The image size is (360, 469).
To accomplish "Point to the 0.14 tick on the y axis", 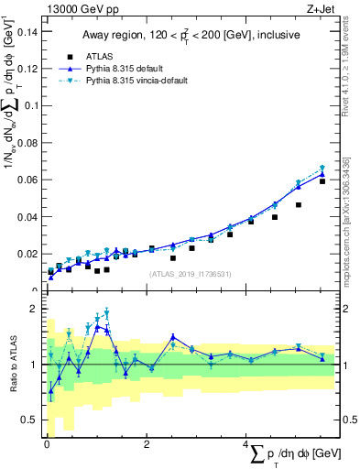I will [x=29, y=32].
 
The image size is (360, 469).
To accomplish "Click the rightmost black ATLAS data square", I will [x=322, y=181].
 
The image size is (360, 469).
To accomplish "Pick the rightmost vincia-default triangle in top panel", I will [x=322, y=168].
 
